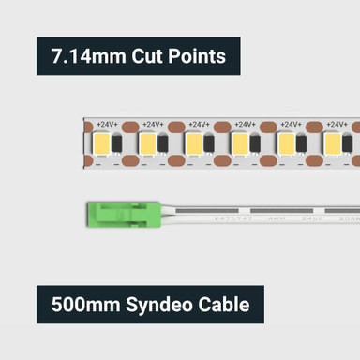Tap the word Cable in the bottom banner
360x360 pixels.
click(x=224, y=305)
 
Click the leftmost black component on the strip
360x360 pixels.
click(x=117, y=143)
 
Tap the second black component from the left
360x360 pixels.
click(x=164, y=143)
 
